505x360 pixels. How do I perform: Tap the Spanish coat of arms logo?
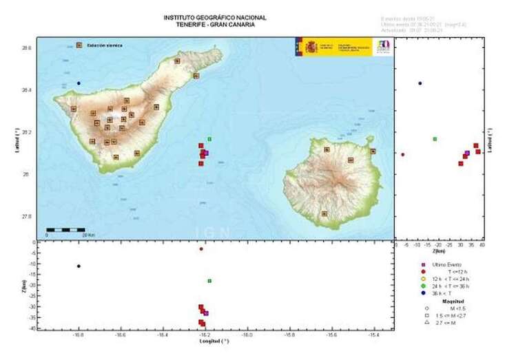tap(311, 47)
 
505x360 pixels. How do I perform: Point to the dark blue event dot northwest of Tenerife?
tap(79, 83)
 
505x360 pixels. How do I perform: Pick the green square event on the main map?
tap(209, 139)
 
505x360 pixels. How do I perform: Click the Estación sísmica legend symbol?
tap(79, 45)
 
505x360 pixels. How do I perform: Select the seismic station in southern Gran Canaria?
tap(324, 214)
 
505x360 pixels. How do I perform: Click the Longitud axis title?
tap(214, 341)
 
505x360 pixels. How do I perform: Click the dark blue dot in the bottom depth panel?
tap(79, 266)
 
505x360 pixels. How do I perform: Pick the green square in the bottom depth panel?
tap(209, 281)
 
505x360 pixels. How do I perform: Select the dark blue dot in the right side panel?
tap(420, 83)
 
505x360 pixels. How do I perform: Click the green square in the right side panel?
tap(435, 139)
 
